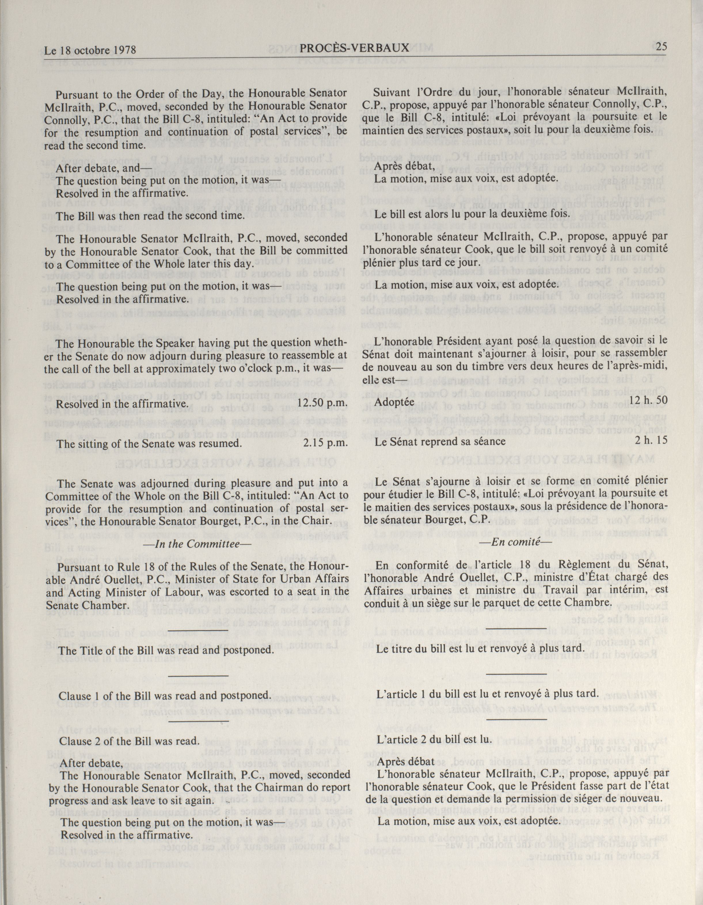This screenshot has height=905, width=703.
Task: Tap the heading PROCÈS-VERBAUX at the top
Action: click(354, 48)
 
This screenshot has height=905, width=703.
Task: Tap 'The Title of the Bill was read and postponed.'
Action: click(166, 650)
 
